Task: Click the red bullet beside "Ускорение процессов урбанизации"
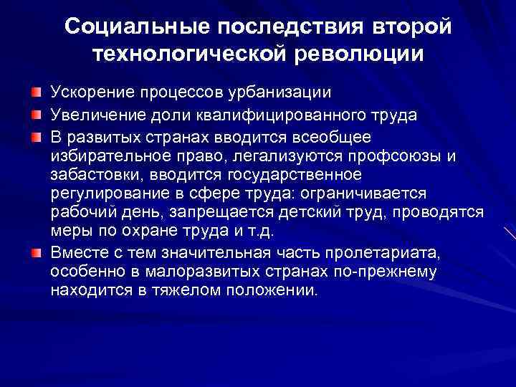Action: [35, 93]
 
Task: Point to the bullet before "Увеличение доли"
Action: [35, 115]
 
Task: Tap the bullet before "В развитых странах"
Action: [35, 136]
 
